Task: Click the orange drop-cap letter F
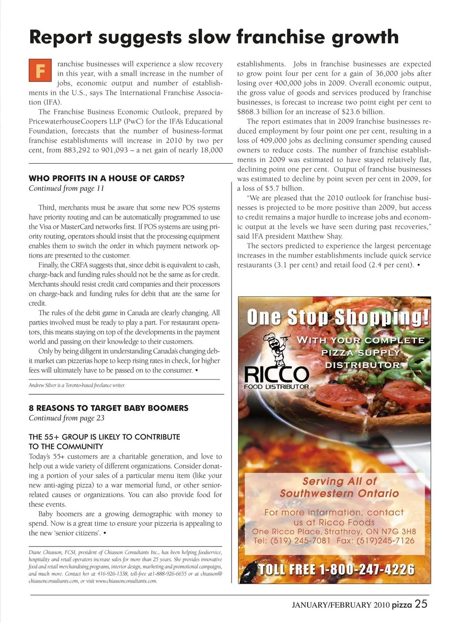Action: point(40,70)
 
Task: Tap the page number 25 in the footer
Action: point(421,604)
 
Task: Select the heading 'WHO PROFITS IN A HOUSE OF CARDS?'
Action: point(106,178)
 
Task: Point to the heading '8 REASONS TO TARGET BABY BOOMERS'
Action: point(108,408)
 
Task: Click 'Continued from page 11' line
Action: point(66,189)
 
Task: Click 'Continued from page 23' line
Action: point(66,418)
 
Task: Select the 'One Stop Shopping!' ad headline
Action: point(338,317)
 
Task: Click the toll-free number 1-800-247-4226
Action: point(336,569)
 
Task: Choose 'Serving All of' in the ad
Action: point(339,481)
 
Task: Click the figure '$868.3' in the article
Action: point(249,112)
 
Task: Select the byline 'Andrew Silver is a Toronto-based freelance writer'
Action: point(77,385)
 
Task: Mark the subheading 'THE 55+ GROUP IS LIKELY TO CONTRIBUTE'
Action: point(104,437)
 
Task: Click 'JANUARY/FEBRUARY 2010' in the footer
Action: point(341,605)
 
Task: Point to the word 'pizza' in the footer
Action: point(402,605)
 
